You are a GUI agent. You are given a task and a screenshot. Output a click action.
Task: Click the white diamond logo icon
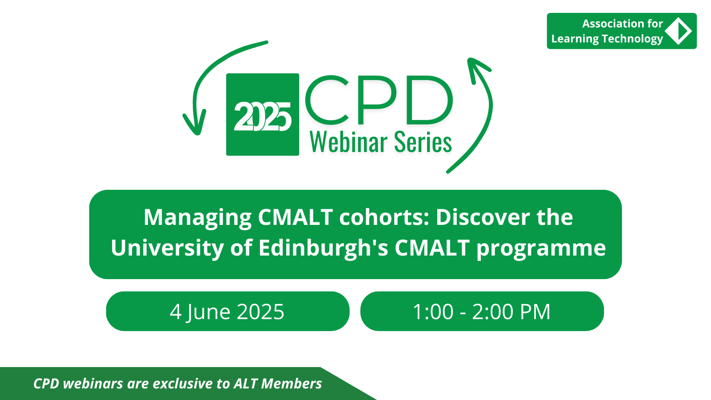coord(678,31)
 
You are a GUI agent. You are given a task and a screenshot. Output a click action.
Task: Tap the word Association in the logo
coord(610,24)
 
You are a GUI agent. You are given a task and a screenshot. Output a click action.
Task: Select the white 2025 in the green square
coord(263,116)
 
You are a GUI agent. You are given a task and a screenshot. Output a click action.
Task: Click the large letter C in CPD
coord(327,100)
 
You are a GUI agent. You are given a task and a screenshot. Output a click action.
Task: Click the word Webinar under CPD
coord(348,142)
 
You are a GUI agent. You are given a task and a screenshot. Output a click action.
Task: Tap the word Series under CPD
coord(423,142)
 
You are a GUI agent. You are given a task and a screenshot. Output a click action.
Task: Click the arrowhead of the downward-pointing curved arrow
coord(195,123)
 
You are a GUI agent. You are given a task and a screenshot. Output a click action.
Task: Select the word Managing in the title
coord(198,218)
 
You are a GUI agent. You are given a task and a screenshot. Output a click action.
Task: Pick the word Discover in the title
coord(483,217)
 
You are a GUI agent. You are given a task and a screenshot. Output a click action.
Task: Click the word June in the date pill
coord(208,312)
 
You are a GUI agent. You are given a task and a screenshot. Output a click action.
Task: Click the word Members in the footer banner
coord(292,384)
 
